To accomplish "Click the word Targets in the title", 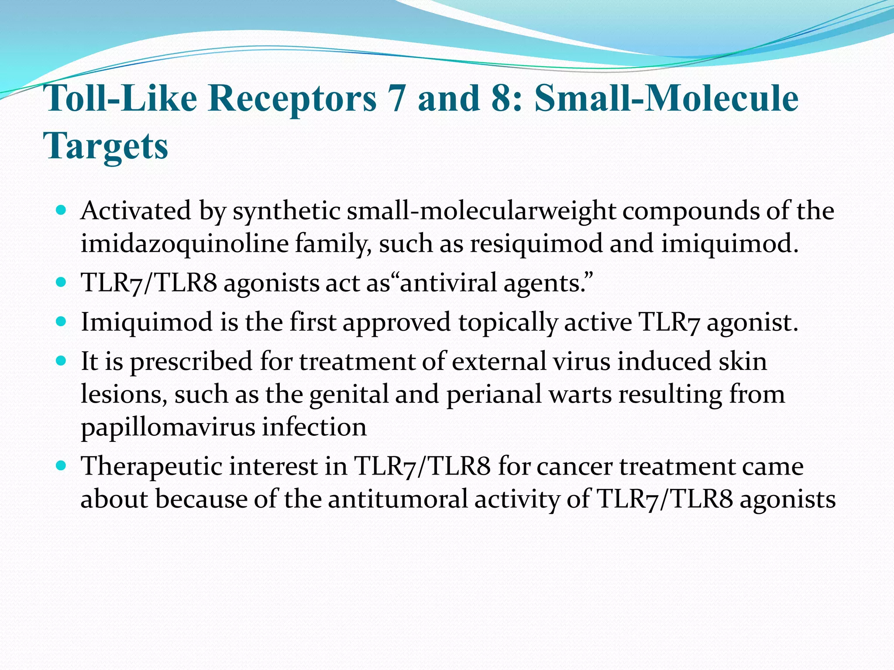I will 106,146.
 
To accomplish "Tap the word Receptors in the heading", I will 292,98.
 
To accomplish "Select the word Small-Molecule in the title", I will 666,98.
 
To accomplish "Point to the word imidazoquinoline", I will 184,243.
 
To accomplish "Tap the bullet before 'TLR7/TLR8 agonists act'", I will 61,282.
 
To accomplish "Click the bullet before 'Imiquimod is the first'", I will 61,322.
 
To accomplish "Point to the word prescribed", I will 191,361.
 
